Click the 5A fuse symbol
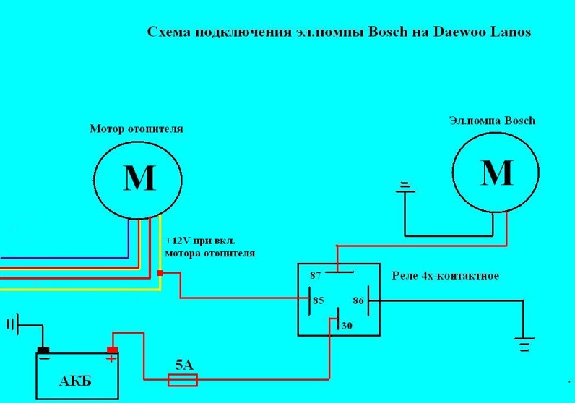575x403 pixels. (x=183, y=379)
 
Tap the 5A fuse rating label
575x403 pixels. (x=185, y=365)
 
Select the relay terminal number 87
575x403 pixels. (x=315, y=276)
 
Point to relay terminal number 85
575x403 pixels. (x=319, y=300)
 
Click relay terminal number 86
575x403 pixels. (x=358, y=300)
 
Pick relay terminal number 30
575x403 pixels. (x=347, y=326)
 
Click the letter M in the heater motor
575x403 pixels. (x=139, y=178)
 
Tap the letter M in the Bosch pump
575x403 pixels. (x=496, y=173)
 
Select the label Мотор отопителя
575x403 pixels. (x=136, y=129)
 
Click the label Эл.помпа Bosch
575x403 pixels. (x=492, y=121)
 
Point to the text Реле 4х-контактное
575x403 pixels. (x=445, y=276)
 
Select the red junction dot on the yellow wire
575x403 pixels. (x=160, y=273)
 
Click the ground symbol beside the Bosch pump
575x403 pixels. (x=405, y=188)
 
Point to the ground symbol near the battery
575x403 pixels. (x=12, y=324)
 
